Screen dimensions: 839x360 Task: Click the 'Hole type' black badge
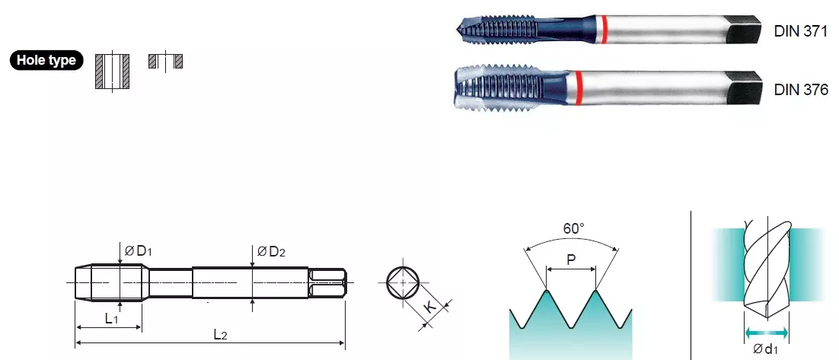47,60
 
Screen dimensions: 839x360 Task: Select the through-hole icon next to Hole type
113,71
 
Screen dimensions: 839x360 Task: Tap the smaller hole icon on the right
165,61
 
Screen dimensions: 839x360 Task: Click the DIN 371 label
800,31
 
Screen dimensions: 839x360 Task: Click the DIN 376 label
800,89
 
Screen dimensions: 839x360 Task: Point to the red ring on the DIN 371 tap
604,30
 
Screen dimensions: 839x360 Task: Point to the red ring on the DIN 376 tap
579,88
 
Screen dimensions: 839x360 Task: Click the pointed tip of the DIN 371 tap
458,28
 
